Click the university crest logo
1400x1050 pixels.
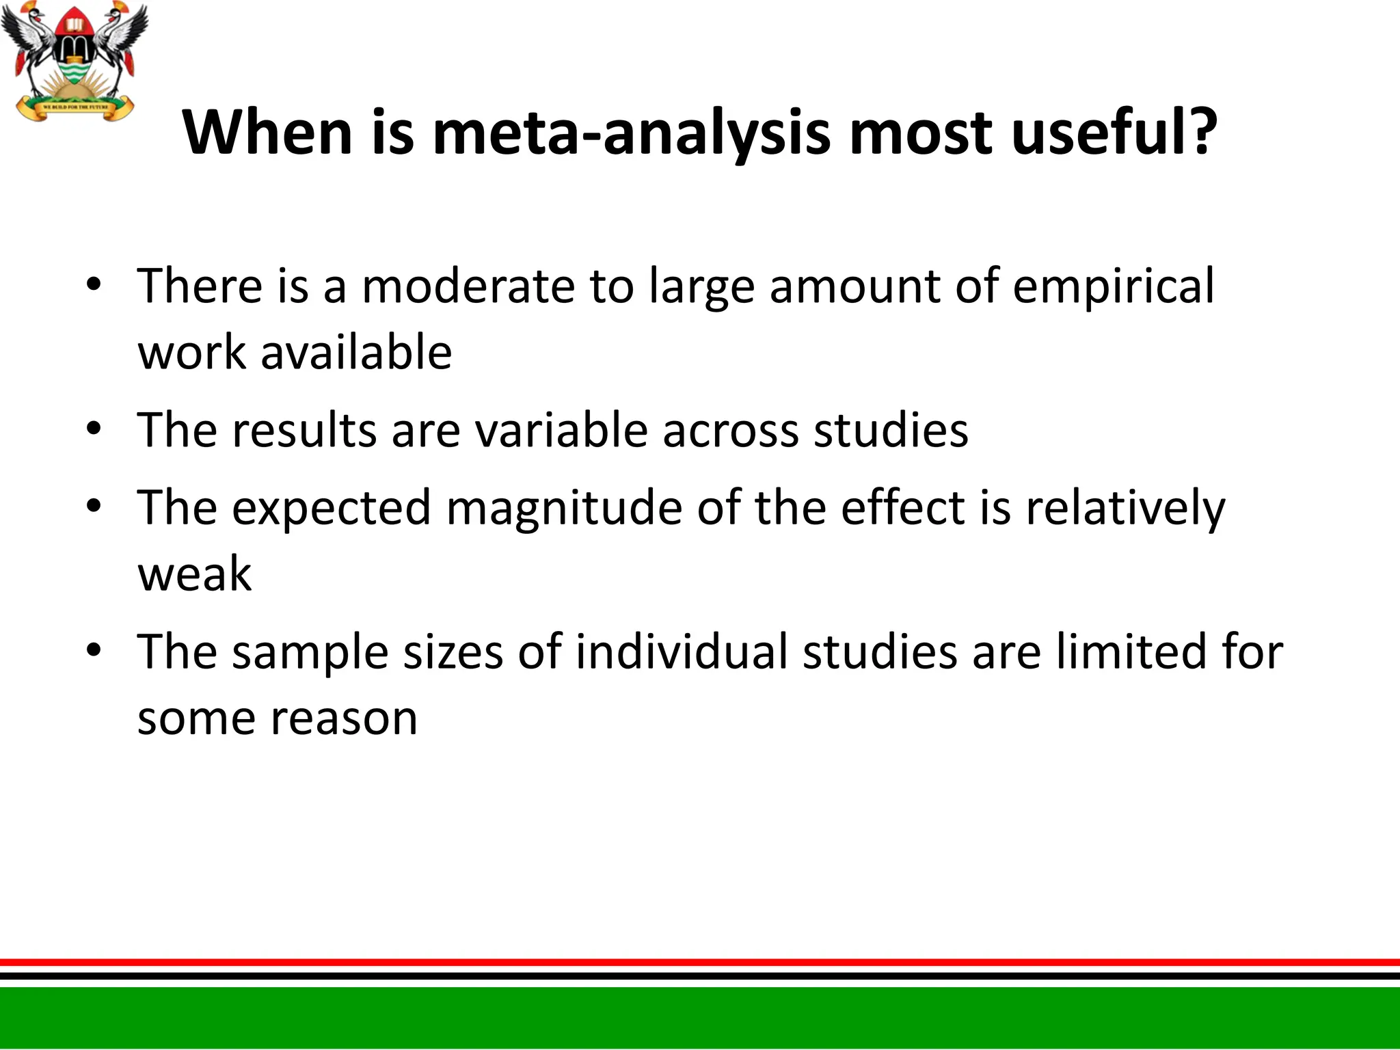[74, 62]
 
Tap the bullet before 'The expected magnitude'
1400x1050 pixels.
[94, 507]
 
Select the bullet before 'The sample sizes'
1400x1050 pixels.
[94, 651]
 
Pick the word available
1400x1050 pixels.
[356, 353]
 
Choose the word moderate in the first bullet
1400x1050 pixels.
[468, 286]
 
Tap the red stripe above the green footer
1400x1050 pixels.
[700, 962]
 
